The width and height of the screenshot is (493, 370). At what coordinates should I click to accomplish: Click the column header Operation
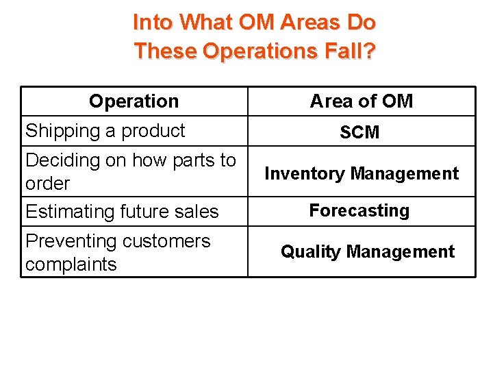coord(134,101)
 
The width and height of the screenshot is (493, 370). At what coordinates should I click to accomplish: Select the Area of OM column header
coord(362,101)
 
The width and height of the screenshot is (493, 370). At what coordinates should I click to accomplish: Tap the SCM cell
coord(359,132)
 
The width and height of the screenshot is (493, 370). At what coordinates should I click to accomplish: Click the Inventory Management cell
coord(362,173)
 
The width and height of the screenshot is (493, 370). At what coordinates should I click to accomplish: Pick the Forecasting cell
coord(359,210)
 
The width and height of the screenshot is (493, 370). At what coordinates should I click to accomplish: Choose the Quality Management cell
coord(367,251)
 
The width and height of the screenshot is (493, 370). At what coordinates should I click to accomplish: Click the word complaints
coord(71,264)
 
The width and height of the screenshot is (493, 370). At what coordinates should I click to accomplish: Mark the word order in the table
coord(47,184)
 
